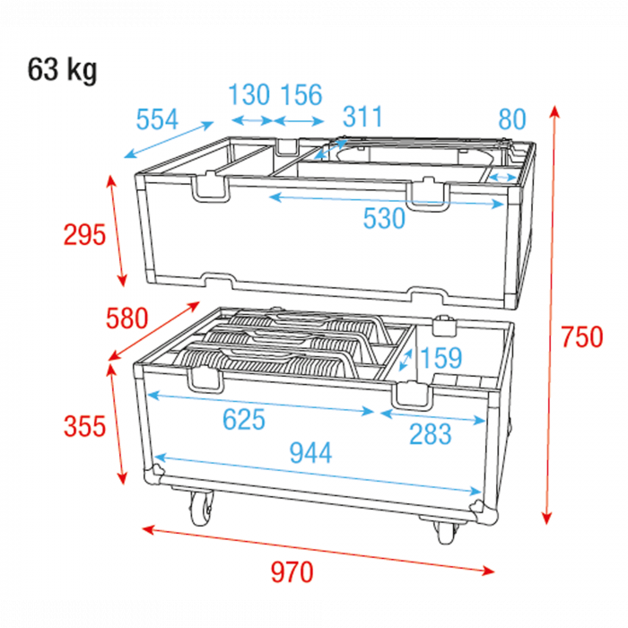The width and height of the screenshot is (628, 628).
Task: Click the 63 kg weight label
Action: point(62,70)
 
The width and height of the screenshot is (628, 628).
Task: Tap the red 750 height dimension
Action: point(581,336)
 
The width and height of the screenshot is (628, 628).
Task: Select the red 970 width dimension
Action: point(292,572)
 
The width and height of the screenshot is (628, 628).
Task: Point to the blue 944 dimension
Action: point(310,452)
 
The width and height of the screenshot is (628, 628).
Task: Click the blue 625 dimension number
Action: point(244,419)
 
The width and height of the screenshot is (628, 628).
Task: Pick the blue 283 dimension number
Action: point(430,433)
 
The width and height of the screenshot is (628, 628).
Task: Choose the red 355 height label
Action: point(84,425)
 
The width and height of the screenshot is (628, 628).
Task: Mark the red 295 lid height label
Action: point(84,234)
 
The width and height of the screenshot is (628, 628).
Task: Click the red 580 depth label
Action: point(127,318)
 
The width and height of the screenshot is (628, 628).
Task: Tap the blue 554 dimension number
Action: point(157,119)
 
